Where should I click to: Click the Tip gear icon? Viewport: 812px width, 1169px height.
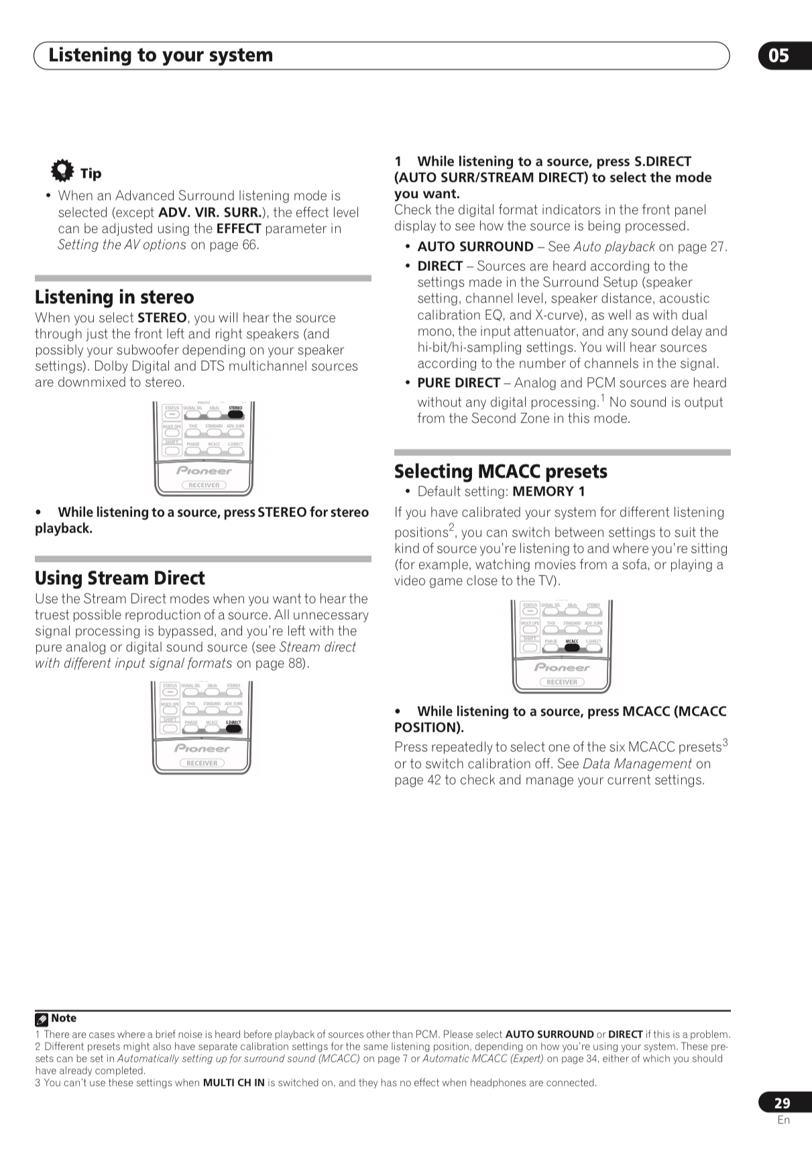coord(62,170)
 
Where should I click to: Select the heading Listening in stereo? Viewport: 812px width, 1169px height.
coord(115,297)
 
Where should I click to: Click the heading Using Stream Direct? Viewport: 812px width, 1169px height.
coord(120,578)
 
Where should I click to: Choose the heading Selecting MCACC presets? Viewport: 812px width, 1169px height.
coord(501,471)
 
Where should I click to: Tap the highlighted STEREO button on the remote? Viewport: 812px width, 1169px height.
coord(235,414)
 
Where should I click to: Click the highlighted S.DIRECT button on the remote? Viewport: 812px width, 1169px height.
coord(233,728)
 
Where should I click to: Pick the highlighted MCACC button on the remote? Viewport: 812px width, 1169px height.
coord(572,647)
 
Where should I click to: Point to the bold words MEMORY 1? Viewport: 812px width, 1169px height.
coord(548,492)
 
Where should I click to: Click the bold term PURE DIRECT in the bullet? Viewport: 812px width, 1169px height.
coord(459,383)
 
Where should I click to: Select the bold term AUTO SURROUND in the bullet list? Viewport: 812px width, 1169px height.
coord(475,247)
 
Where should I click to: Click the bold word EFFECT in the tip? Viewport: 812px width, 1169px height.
coord(238,229)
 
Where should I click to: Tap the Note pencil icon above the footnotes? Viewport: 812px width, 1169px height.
coord(42,1019)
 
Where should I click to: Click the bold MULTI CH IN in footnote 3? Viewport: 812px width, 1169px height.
coord(233,1082)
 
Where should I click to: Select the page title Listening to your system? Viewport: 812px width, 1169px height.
coord(161,55)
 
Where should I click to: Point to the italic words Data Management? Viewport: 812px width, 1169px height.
coord(637,764)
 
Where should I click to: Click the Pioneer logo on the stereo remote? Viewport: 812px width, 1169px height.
coord(204,471)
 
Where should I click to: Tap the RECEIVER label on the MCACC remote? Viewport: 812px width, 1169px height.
coord(562,682)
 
